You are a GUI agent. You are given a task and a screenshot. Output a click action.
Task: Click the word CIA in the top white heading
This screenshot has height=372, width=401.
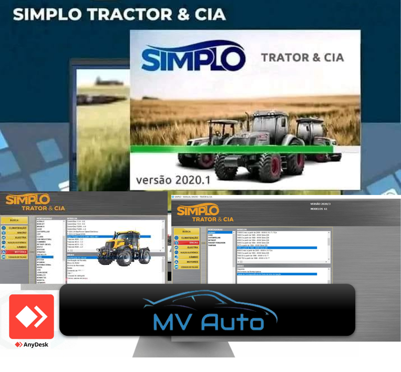coord(205,14)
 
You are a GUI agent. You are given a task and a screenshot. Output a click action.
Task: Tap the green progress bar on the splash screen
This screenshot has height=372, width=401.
coord(231,150)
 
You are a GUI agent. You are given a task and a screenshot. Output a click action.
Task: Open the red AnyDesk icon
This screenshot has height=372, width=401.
coord(32,316)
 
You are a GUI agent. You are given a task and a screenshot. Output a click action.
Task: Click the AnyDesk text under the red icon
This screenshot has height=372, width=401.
coord(35,345)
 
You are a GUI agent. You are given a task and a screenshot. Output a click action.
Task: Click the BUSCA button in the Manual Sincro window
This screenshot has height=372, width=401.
coord(186,231)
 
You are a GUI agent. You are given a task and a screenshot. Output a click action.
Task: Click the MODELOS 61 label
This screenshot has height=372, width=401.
coord(320,209)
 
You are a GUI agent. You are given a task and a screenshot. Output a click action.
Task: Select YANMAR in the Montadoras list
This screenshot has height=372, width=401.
coord(213,245)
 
